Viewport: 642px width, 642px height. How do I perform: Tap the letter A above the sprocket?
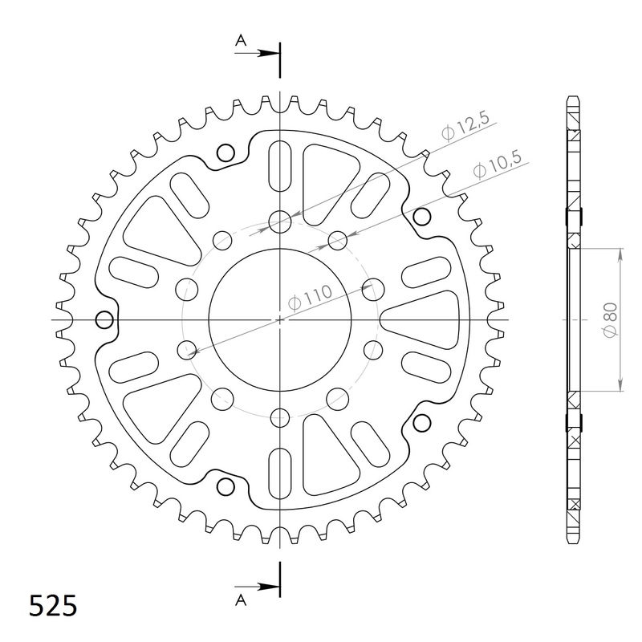point(241,39)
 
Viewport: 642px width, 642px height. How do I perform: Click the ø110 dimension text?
point(310,299)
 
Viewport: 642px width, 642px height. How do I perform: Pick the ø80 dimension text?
point(609,319)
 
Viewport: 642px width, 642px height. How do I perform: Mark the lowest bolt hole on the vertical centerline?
point(279,416)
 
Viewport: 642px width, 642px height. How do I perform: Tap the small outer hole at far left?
point(103,320)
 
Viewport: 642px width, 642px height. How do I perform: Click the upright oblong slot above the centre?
point(279,165)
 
